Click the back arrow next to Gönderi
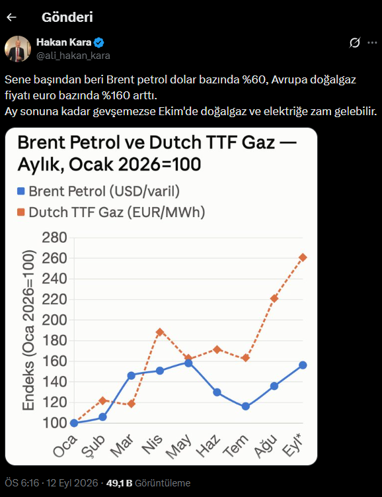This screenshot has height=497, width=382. click(11, 17)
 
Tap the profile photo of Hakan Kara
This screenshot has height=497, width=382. click(18, 49)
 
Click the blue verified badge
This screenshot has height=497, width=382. click(99, 42)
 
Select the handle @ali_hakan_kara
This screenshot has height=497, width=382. click(73, 56)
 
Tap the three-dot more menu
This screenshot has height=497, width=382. click(372, 42)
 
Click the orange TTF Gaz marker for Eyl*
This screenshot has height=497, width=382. click(303, 257)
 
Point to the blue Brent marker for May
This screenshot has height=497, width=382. click(188, 363)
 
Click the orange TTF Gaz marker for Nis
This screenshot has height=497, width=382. click(160, 332)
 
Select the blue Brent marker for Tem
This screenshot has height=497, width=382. click(246, 406)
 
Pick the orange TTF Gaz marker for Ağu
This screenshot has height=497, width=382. click(274, 298)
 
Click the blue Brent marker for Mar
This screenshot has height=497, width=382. click(132, 376)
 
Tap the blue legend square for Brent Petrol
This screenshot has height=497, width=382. click(21, 191)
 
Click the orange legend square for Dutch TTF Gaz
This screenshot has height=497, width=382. click(21, 212)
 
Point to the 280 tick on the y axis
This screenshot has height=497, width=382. click(54, 238)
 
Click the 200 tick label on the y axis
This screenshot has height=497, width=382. click(54, 320)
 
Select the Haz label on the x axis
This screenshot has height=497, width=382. click(208, 445)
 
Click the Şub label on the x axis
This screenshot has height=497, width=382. click(93, 445)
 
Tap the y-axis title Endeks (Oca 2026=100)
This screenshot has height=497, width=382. click(28, 330)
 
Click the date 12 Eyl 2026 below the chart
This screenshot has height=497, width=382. click(72, 483)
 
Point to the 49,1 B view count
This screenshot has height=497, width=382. click(120, 483)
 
